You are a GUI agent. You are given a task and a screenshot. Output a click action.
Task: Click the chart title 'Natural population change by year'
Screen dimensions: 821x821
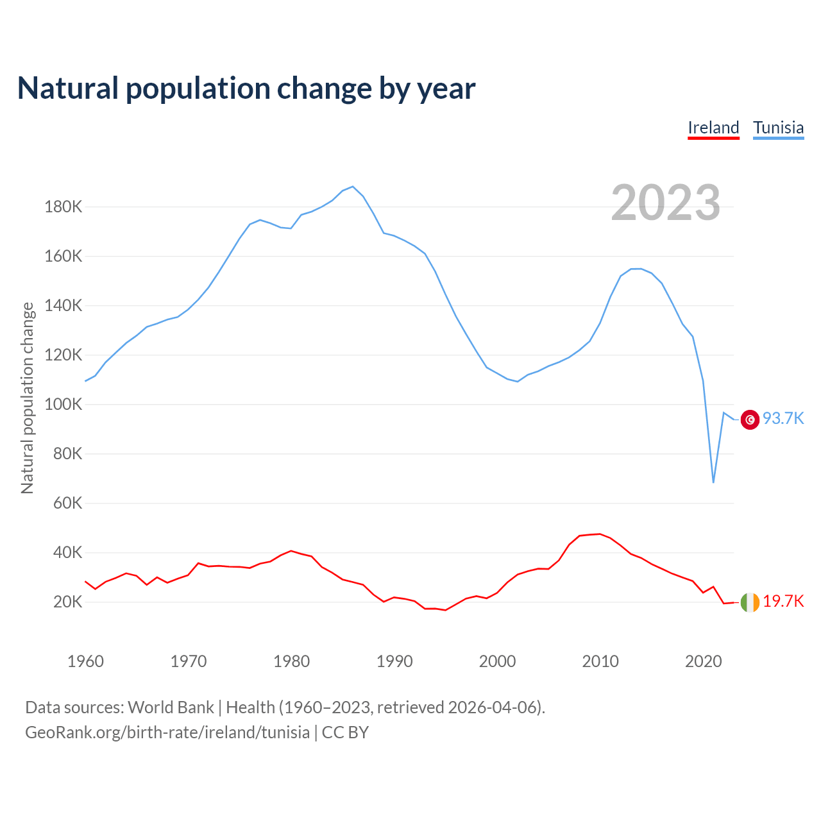coord(246,89)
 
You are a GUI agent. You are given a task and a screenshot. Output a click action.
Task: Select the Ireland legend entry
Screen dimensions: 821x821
coord(713,128)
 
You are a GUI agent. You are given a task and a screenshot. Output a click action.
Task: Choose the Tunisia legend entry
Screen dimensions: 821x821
coord(778,128)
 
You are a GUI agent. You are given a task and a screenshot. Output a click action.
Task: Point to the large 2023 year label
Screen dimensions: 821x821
coord(665,203)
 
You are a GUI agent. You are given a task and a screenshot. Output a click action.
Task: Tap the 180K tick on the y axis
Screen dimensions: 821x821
coord(63,207)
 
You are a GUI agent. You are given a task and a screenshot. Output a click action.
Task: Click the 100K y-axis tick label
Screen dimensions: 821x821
coord(63,405)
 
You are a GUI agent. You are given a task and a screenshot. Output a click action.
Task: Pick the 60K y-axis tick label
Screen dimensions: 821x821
coord(67,504)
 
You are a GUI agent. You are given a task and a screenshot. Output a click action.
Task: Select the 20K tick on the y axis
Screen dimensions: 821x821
coord(67,602)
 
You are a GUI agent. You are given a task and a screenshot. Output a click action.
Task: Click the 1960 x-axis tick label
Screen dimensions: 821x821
coord(85,661)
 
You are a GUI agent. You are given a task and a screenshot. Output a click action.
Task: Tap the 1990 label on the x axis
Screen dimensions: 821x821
coord(394,661)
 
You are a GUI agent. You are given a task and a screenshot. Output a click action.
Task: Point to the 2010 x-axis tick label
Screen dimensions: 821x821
coord(600,661)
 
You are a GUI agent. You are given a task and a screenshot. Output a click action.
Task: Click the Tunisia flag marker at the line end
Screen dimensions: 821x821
coord(750,419)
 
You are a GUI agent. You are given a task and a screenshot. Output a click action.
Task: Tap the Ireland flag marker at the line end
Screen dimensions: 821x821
coord(750,602)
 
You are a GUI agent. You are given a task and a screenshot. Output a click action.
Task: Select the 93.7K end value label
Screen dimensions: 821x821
coord(783,419)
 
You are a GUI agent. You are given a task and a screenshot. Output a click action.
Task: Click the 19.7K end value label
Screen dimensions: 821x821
coord(783,602)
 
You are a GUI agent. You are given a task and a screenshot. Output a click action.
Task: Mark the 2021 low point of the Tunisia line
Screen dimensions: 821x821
coord(713,482)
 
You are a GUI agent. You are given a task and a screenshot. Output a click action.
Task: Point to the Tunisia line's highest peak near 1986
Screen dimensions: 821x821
coord(353,187)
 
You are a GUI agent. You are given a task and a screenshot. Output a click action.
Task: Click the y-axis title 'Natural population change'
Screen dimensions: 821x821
coord(28,398)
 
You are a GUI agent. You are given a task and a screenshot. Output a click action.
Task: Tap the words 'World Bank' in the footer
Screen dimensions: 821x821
coord(171,707)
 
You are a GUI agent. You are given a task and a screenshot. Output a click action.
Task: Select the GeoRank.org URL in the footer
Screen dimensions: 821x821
coord(167,732)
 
